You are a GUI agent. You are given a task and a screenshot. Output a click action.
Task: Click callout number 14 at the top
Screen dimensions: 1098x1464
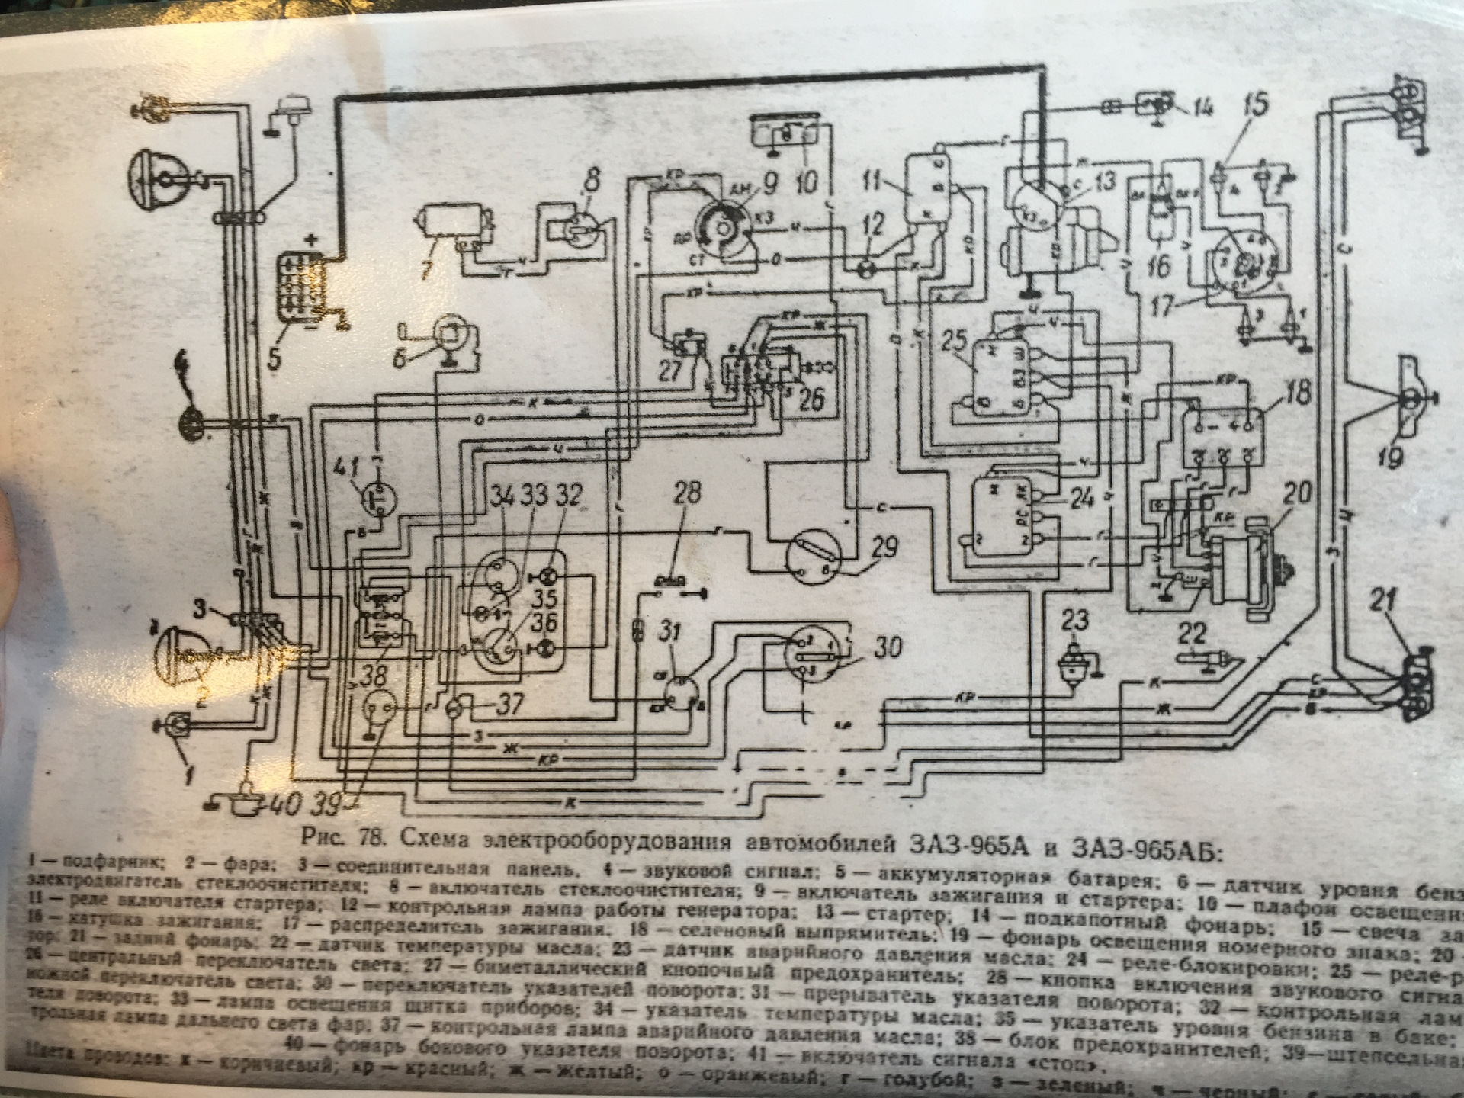[1206, 108]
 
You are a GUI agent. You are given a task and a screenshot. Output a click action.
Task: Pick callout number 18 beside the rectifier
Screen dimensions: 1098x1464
[1296, 395]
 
